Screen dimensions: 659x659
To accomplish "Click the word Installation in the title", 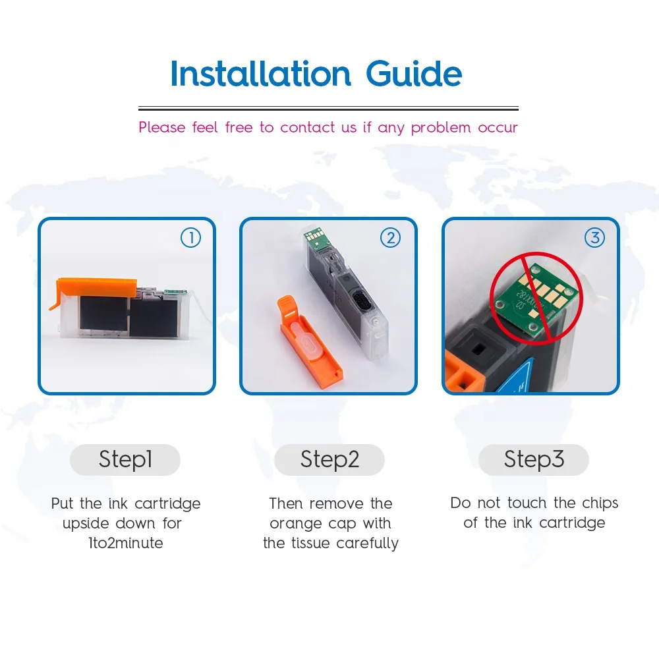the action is (x=260, y=74).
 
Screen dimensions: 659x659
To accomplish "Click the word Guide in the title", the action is (x=414, y=74).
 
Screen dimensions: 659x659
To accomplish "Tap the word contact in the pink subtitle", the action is (x=308, y=127).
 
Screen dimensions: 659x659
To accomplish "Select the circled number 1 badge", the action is (x=191, y=238).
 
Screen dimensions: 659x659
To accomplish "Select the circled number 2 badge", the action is (x=390, y=238).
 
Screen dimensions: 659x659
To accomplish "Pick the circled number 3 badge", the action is (x=594, y=238).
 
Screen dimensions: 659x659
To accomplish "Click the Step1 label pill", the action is (x=125, y=459).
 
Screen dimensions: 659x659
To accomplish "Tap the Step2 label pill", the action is (x=329, y=459).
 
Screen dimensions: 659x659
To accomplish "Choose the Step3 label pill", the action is (x=534, y=459).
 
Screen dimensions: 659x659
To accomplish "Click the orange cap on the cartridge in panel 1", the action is (x=94, y=289).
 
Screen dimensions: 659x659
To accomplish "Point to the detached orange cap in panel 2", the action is (x=309, y=341).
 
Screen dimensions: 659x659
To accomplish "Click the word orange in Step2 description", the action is (x=296, y=524).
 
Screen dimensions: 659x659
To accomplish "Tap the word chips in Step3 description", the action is (x=600, y=503).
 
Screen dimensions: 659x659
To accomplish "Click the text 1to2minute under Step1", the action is (x=126, y=543).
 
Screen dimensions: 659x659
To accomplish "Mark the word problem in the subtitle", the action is (x=441, y=127).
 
